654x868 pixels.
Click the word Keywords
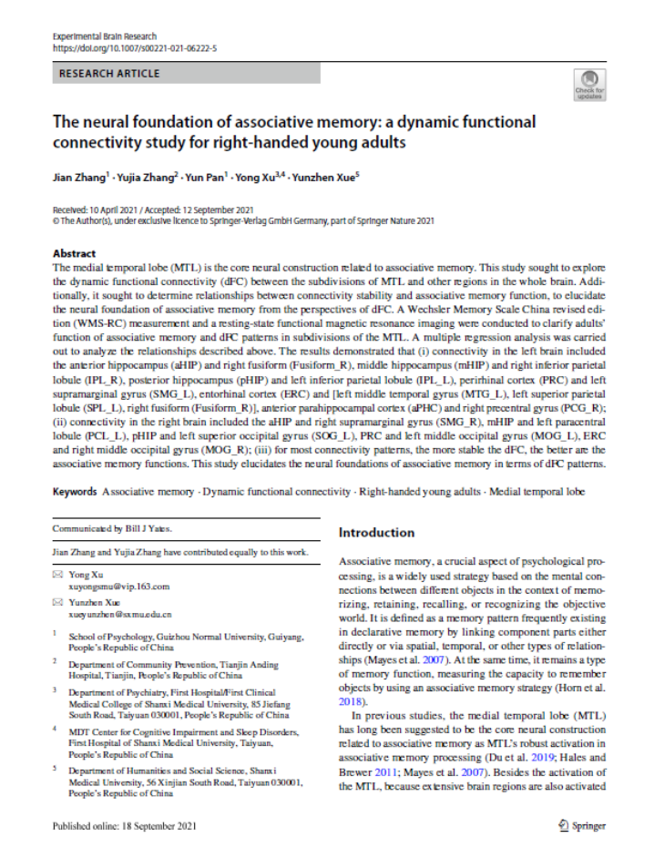(x=74, y=492)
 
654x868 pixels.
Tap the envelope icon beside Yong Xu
(x=56, y=577)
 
